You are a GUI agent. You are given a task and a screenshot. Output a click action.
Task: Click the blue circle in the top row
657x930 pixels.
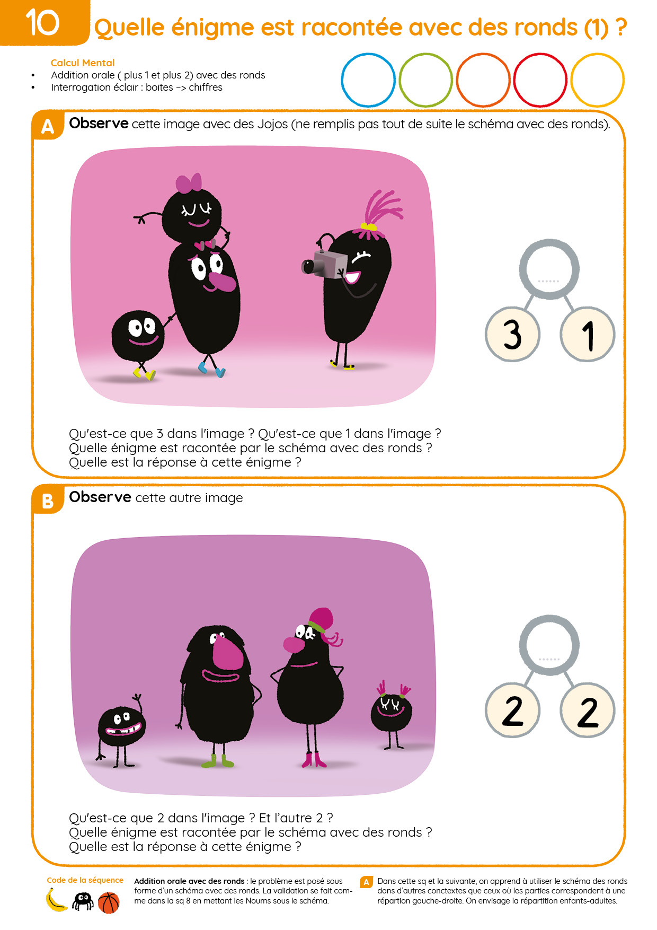coord(342,80)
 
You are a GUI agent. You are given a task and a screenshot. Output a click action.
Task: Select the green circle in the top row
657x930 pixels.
coord(400,80)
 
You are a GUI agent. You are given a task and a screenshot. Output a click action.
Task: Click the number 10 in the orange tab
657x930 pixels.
coord(42,23)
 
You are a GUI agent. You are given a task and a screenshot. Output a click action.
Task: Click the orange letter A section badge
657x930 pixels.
coord(48,126)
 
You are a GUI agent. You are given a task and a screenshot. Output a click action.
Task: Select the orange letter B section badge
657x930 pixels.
coord(48,500)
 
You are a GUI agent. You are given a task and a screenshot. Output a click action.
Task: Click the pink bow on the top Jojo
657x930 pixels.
coord(189,183)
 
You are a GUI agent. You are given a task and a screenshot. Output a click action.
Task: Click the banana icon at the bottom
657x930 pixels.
coord(56,900)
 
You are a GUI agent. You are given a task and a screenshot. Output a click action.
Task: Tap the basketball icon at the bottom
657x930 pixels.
coord(109,903)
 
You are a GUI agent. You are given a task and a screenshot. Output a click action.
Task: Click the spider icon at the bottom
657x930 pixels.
coord(83,901)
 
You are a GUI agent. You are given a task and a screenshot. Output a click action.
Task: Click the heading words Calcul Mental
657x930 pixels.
coord(83,63)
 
